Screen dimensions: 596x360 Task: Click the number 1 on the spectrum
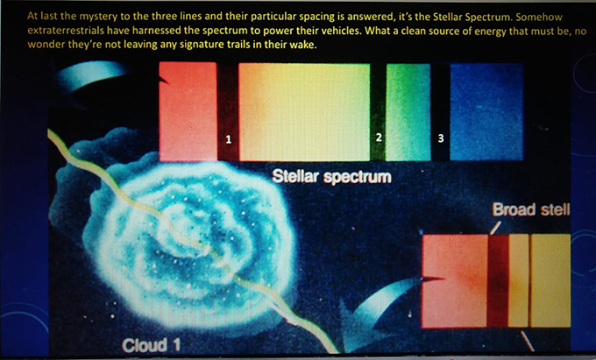229,139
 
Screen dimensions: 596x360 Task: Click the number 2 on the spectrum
379,138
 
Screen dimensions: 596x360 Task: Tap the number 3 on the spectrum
441,138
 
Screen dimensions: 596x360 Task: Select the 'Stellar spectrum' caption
331,177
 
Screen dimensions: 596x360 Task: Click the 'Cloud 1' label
151,345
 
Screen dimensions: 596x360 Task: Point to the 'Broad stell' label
531,209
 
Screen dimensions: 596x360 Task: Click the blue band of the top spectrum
486,111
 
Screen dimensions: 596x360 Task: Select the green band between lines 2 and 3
408,111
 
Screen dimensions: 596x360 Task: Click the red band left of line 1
188,111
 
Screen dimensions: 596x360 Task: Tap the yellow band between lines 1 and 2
304,111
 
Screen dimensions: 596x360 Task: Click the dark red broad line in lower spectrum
498,281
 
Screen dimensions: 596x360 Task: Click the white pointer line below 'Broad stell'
495,229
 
